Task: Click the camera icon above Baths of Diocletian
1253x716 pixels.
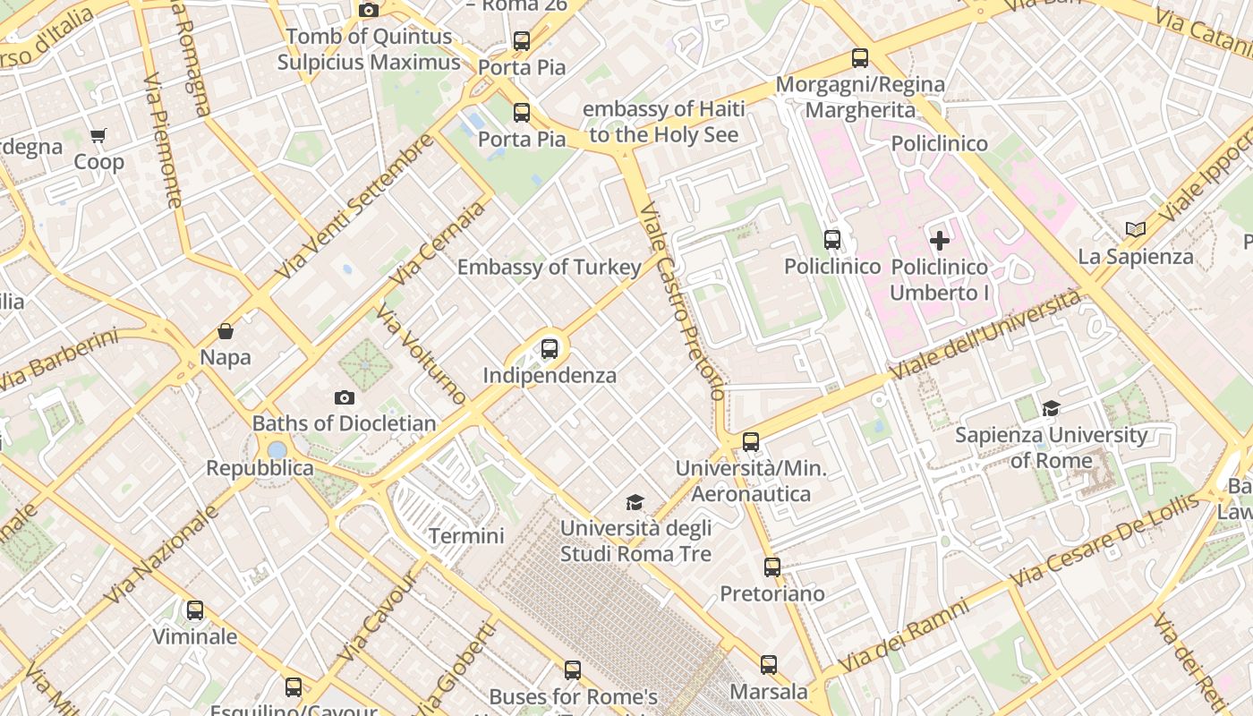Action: point(345,398)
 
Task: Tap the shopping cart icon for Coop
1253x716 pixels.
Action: point(98,137)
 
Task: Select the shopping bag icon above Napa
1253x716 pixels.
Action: point(226,332)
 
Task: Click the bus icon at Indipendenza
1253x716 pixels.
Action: point(550,349)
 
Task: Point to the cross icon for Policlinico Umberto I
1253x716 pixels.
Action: point(940,240)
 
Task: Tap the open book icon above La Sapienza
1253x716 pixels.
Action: point(1136,230)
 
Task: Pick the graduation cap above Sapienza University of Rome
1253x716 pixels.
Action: point(1051,409)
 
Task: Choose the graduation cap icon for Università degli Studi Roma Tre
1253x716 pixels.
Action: point(635,503)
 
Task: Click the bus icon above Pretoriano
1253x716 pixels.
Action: point(771,567)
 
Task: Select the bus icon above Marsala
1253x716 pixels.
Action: point(769,665)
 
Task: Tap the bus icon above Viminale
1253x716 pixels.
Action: point(195,610)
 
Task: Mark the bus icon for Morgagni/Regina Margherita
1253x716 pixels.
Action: point(860,59)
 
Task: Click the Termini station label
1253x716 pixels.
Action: point(466,536)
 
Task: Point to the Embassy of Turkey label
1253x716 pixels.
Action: point(550,268)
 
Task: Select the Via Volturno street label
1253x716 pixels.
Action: point(421,353)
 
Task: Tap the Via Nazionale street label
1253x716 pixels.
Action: point(161,554)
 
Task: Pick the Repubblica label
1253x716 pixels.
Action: point(260,468)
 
